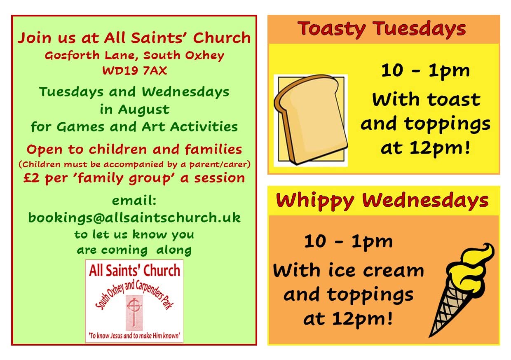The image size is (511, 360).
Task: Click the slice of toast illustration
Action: pos(311,120)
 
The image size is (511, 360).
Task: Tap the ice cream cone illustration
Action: pos(462,290)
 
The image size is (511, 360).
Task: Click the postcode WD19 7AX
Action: pos(135,71)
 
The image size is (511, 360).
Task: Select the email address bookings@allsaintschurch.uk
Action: pos(135,218)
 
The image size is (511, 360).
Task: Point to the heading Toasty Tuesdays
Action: pos(382,29)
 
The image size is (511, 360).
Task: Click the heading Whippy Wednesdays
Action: pos(382,201)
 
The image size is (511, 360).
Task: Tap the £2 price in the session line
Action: pos(31,178)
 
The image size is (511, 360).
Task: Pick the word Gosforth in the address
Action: pos(72,56)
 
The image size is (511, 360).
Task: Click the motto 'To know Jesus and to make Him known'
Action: pos(134,336)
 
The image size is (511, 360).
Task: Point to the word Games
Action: pos(80,127)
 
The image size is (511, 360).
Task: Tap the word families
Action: pos(213,150)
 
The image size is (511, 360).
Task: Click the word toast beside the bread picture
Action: pos(454,100)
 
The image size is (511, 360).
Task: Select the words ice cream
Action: pos(376,271)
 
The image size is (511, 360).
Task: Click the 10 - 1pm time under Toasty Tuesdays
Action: pos(425,71)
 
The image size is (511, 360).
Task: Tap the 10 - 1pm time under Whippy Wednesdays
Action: pos(348,242)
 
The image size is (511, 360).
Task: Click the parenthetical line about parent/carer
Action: pos(135,164)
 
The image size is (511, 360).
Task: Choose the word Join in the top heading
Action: pos(35,38)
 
